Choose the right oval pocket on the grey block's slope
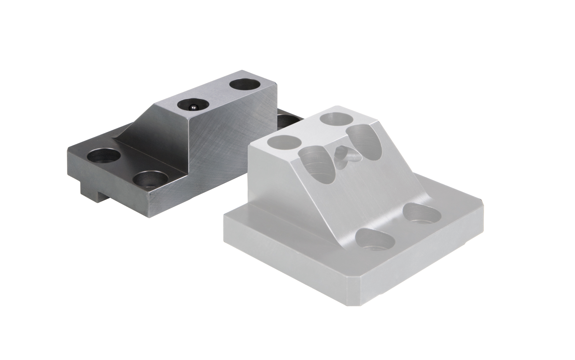pos(363,142)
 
